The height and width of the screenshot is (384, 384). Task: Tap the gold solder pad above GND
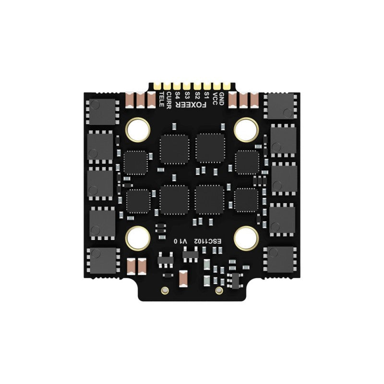[226, 86]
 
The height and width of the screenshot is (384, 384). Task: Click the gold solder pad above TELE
[158, 86]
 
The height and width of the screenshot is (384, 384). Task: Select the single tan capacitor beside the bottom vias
[183, 278]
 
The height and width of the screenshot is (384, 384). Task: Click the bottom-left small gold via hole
[165, 290]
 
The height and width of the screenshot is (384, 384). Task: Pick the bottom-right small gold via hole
[219, 290]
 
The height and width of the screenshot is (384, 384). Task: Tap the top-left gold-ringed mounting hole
[138, 129]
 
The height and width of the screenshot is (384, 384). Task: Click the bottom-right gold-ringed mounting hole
[247, 237]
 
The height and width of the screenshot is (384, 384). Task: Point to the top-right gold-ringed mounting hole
[247, 129]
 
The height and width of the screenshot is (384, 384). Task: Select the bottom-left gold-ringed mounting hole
[138, 237]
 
